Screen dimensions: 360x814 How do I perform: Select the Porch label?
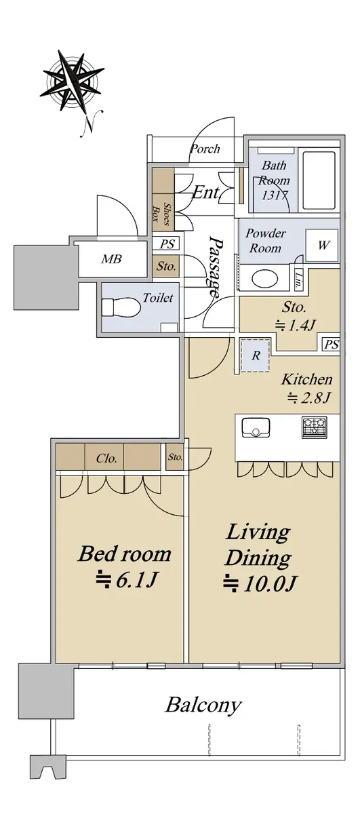coord(205,149)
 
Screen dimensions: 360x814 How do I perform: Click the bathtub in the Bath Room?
coord(319,180)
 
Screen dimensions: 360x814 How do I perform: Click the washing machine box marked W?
coord(323,246)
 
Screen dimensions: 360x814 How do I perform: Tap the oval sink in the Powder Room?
coord(265,279)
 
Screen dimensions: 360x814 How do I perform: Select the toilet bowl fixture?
coord(121,307)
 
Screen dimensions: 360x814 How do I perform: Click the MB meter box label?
coord(111,259)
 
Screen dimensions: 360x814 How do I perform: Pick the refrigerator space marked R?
coord(256,355)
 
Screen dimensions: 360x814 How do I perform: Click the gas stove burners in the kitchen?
coord(314,427)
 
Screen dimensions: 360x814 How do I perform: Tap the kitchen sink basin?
coord(256,427)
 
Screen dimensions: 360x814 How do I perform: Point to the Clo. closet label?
coord(106,459)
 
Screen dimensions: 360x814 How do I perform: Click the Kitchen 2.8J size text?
coord(307,389)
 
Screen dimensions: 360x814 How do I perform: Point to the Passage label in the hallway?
coord(215,266)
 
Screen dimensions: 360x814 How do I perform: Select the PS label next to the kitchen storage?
coord(332,344)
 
